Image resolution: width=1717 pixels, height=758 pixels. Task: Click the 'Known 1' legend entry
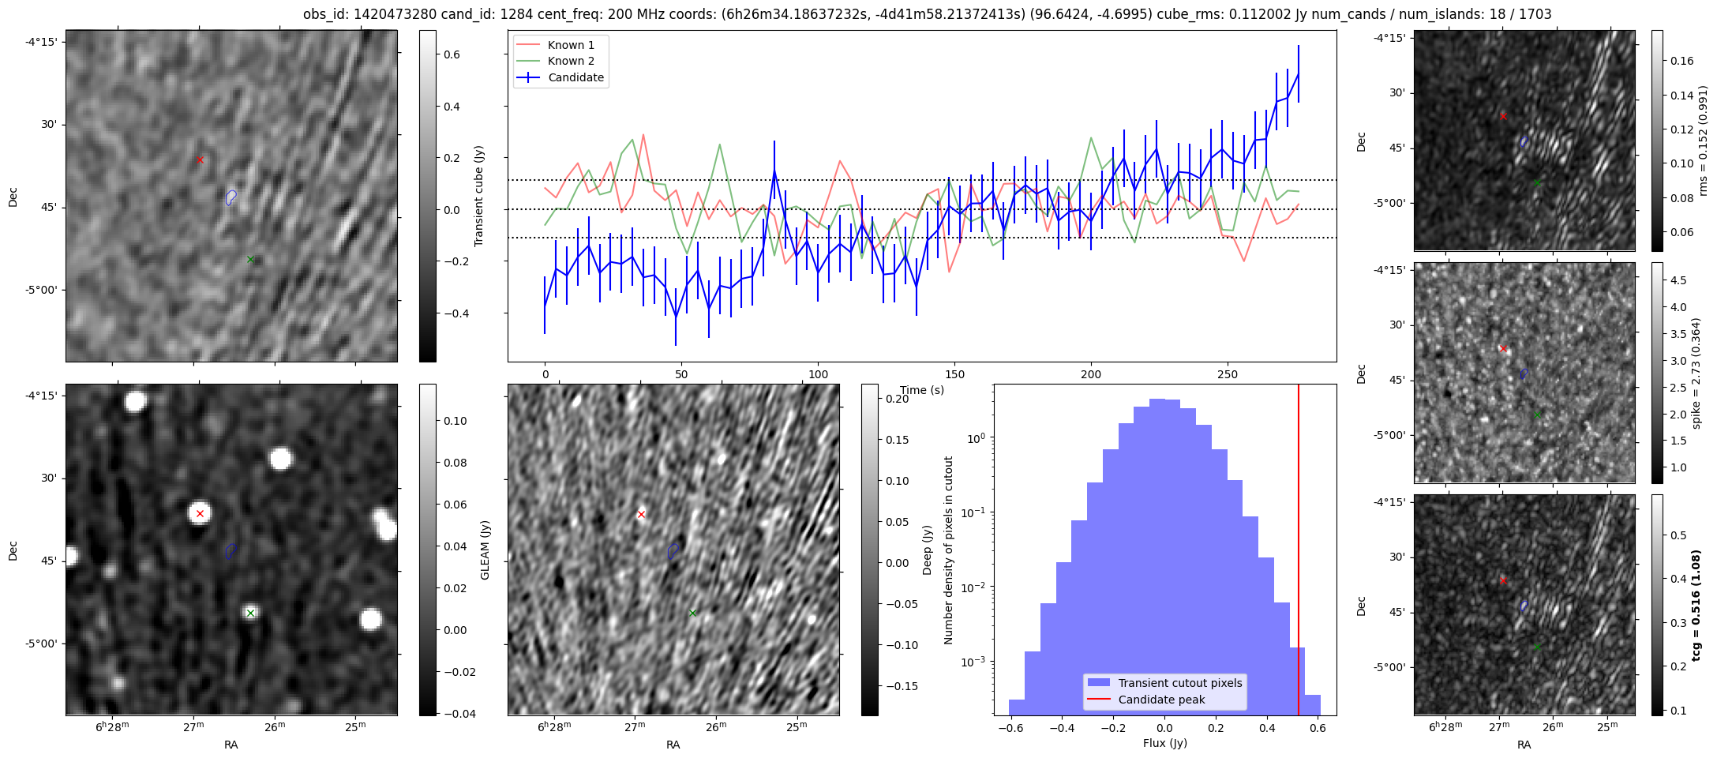pos(571,45)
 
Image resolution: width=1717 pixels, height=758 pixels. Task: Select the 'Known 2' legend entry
pos(571,61)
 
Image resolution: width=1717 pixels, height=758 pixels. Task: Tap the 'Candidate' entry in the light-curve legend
pos(575,77)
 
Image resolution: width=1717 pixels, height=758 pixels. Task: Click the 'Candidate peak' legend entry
pos(1161,700)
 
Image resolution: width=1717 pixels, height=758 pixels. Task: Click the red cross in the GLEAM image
pos(200,514)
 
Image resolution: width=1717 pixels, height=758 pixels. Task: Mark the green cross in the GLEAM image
pos(250,613)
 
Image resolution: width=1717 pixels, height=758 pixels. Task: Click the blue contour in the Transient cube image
pos(231,197)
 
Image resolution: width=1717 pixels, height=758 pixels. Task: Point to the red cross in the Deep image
pos(641,515)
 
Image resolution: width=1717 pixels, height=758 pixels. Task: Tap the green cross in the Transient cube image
pos(250,259)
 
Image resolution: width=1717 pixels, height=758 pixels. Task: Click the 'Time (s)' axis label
pos(922,390)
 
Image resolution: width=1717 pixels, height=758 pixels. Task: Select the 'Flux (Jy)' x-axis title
pos(1164,743)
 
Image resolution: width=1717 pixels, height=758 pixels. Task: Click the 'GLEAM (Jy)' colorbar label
pos(485,550)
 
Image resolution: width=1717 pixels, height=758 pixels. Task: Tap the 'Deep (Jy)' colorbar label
pos(928,550)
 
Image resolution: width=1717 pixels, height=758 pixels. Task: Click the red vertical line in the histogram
pos(1299,553)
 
